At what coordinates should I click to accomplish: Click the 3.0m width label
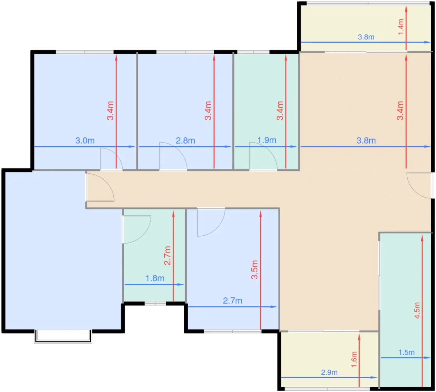tap(85, 141)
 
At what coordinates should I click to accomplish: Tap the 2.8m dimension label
tap(185, 141)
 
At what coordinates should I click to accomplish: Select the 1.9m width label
tap(267, 140)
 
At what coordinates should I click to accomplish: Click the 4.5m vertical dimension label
tap(417, 310)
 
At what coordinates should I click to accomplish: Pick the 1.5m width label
tap(406, 352)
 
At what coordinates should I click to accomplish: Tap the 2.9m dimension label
tap(329, 372)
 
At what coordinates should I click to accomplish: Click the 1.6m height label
tap(354, 359)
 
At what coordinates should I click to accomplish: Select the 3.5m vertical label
tap(254, 270)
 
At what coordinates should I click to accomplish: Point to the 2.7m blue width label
tap(232, 301)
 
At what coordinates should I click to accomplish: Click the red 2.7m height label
tap(167, 256)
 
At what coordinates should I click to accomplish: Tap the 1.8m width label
tap(155, 278)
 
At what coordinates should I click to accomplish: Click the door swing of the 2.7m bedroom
tap(220, 228)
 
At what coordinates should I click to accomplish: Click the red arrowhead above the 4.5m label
tap(422, 239)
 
